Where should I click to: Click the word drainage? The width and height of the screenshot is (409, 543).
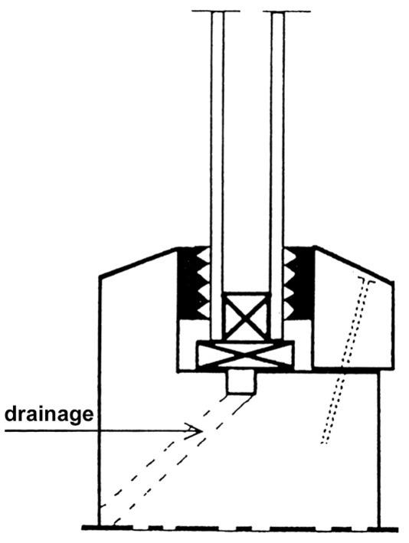point(49,414)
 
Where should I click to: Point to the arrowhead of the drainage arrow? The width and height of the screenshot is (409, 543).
point(194,430)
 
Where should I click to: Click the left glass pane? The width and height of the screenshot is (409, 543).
point(217,175)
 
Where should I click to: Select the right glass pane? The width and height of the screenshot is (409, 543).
point(278,175)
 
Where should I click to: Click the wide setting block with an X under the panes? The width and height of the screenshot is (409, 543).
point(245,354)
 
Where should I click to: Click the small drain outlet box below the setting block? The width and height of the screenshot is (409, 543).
point(241,382)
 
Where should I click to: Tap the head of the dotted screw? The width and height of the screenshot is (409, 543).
point(365,280)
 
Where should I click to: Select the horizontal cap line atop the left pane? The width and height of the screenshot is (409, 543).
point(216,11)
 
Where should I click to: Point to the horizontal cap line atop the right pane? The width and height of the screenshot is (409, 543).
point(286,11)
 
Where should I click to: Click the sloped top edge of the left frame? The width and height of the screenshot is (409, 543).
point(139,262)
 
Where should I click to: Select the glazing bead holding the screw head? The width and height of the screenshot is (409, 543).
point(353,308)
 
